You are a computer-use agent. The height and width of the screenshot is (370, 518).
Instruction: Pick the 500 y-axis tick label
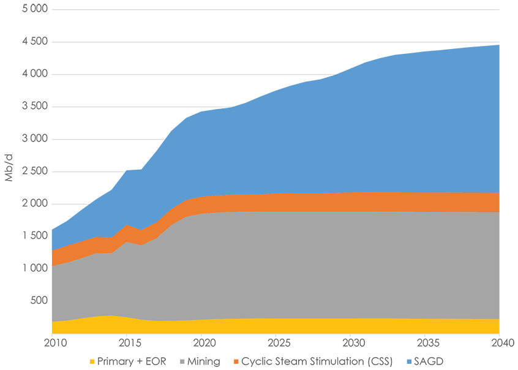click(x=39, y=301)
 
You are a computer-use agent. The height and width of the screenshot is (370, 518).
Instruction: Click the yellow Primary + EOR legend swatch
click(x=92, y=361)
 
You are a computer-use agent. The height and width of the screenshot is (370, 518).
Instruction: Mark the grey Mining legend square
click(x=181, y=361)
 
